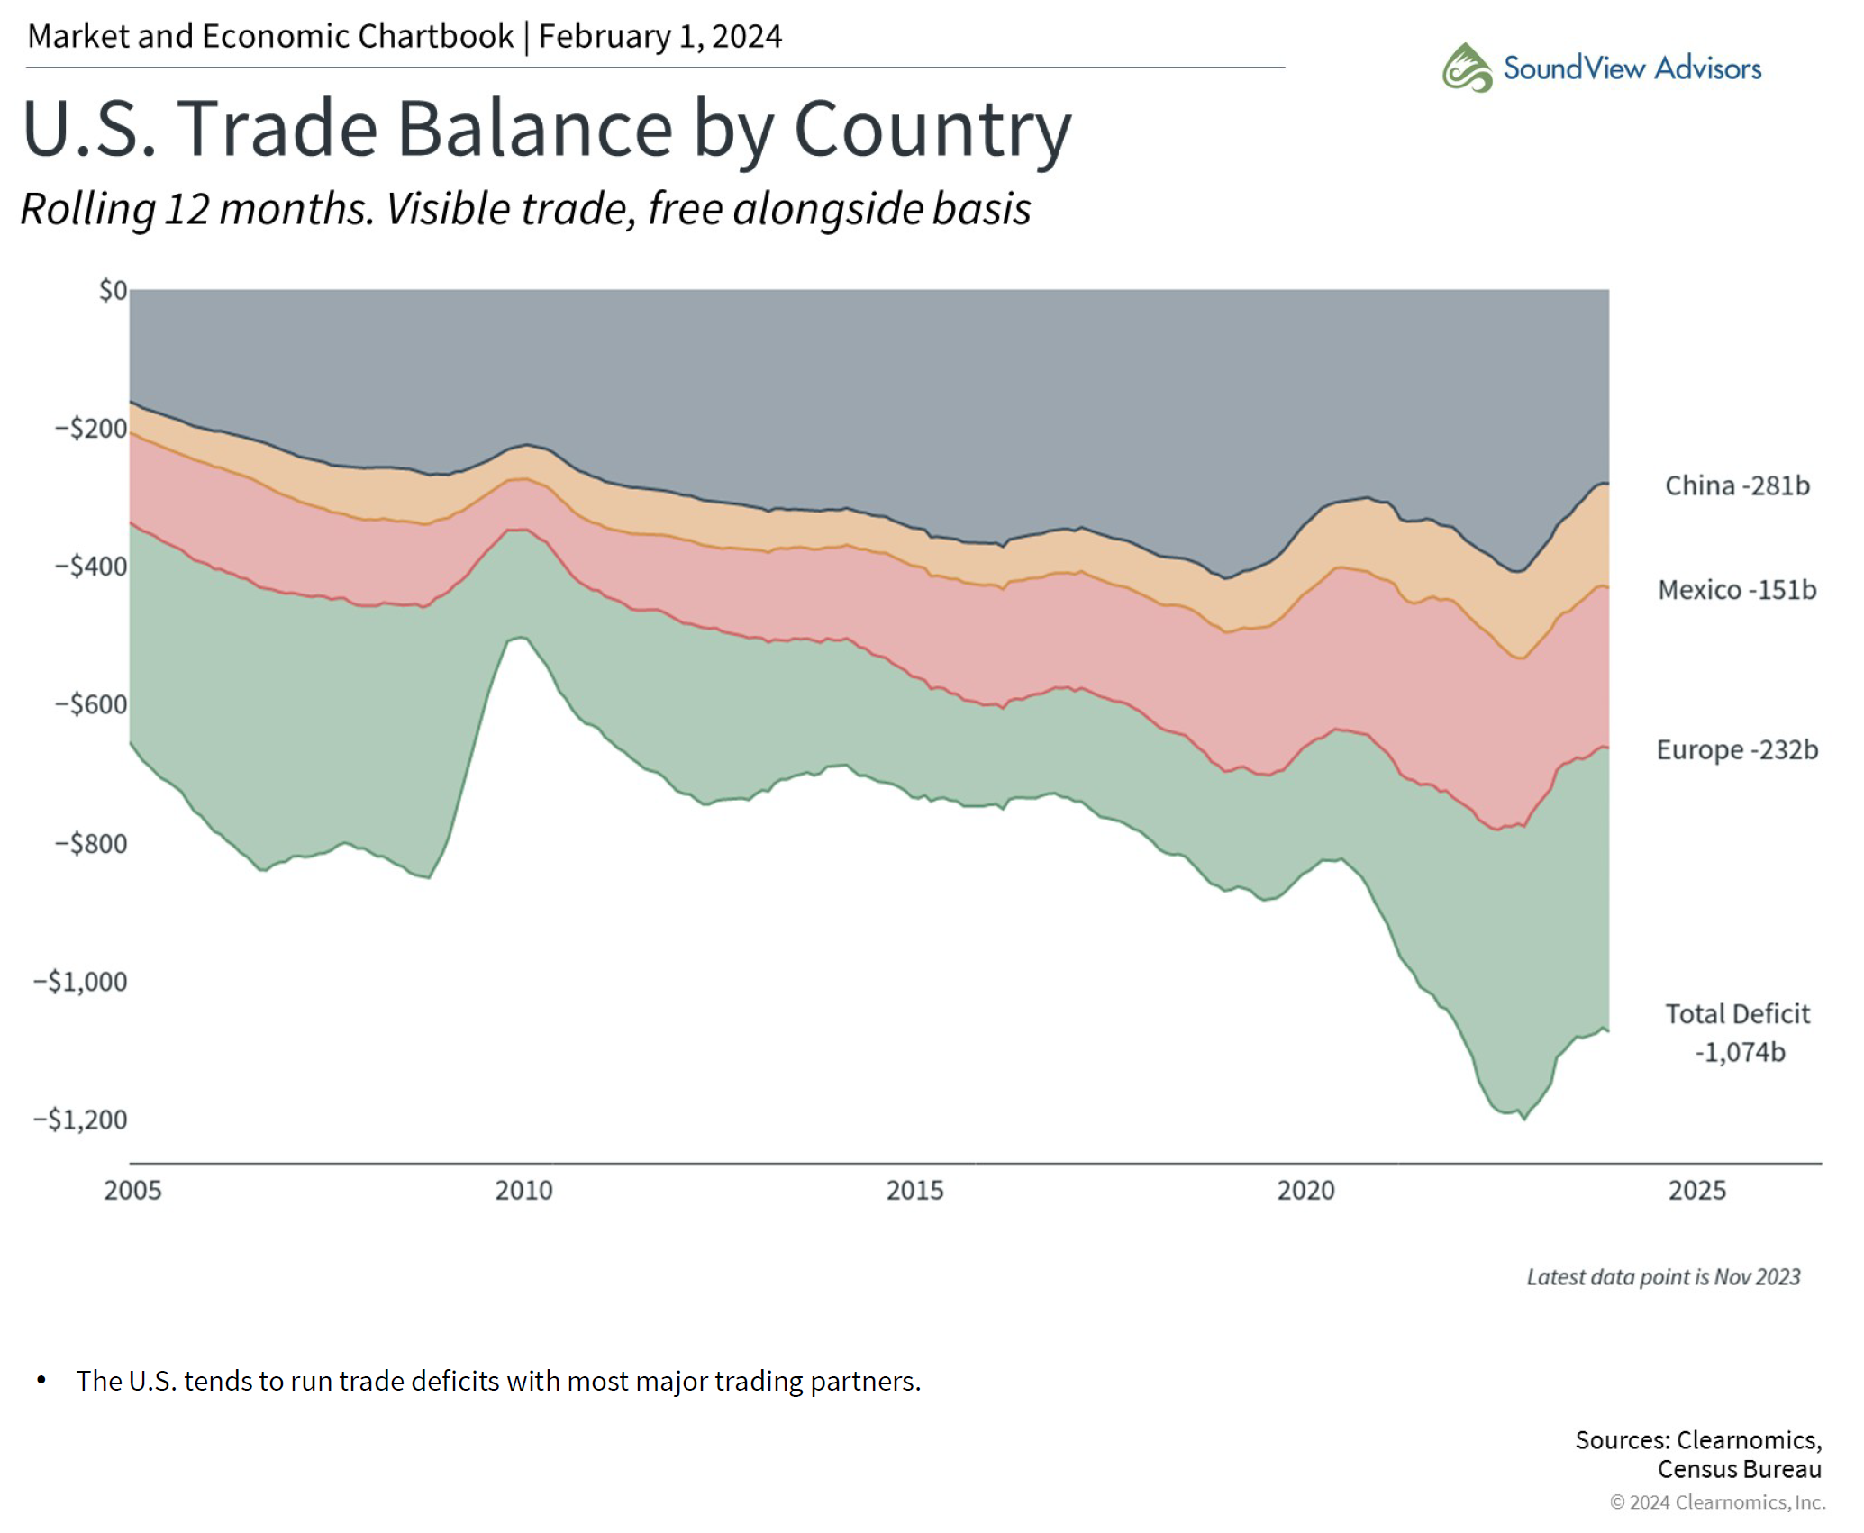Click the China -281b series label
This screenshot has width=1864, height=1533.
coord(1736,485)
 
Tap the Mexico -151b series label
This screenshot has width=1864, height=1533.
coord(1736,590)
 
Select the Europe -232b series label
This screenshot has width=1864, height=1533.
coord(1736,749)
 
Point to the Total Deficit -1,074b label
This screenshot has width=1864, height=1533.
coord(1737,1032)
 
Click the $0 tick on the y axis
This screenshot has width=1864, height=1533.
coord(113,291)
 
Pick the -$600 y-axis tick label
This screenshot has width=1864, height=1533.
coord(91,704)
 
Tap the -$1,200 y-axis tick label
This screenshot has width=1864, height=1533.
coord(80,1120)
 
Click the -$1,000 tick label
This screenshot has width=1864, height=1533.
coord(80,982)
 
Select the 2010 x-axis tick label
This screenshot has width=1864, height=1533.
coord(523,1191)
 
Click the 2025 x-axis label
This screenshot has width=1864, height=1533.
coord(1696,1191)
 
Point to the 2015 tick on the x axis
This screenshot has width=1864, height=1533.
coord(914,1191)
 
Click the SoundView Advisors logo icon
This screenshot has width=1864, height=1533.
coord(1467,68)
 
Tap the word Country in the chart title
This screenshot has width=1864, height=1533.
coord(932,129)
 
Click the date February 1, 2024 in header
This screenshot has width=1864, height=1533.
coord(660,37)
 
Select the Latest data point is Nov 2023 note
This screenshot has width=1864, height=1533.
coord(1663,1277)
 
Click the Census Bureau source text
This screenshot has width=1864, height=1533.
coord(1739,1470)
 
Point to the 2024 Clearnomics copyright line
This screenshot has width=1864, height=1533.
coord(1717,1502)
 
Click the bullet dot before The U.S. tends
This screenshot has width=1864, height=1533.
coord(41,1381)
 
